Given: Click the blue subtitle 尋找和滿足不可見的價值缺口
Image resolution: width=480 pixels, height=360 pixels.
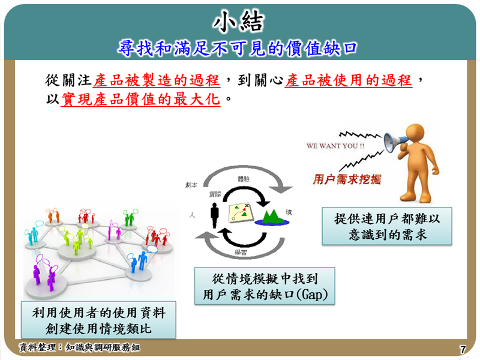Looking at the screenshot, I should point(238,47).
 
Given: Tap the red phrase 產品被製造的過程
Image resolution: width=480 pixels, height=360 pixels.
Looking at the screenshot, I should point(157,79).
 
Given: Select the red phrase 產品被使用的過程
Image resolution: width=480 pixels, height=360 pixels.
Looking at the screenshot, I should point(349,79).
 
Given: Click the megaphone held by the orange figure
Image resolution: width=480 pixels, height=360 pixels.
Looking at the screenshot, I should point(397,140).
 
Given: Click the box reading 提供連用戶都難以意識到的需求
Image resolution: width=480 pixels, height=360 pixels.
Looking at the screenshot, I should point(386,226).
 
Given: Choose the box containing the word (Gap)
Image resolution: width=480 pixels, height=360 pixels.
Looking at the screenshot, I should point(265,286).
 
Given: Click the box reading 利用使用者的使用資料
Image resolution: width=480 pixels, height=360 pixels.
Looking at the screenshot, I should point(98,320).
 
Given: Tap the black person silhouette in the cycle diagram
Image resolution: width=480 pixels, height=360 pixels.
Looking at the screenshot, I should point(213,214).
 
